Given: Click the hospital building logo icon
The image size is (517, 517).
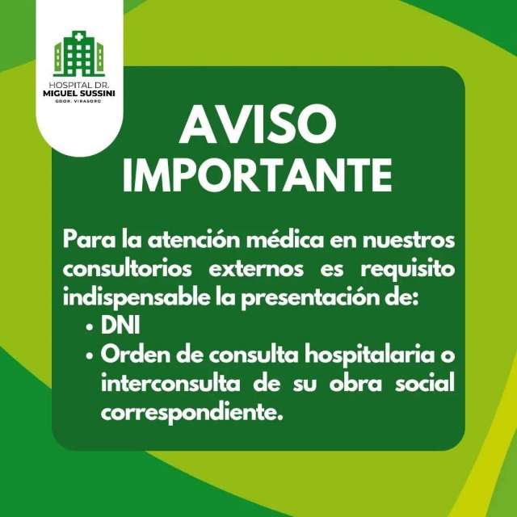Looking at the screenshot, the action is [79, 54].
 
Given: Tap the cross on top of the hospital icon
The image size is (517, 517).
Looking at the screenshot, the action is [78, 37].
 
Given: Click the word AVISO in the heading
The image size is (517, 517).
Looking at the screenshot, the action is [258, 124].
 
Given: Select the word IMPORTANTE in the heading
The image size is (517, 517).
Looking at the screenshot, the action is [258, 174].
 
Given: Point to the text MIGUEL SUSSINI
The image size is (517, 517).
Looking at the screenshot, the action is [79, 94].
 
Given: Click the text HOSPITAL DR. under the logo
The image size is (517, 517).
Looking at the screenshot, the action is [79, 86].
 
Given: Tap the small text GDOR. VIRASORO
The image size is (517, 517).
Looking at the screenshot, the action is [79, 101].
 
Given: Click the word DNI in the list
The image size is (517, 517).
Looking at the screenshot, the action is [120, 326].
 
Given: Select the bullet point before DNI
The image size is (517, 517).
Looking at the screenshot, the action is [89, 328].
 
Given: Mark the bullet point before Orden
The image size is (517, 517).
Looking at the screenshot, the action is [89, 356].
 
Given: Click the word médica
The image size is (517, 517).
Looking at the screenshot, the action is [285, 240].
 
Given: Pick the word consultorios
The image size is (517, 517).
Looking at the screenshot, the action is [128, 269].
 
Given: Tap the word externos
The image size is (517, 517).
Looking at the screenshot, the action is [256, 269].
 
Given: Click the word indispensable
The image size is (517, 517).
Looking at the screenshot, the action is [137, 298].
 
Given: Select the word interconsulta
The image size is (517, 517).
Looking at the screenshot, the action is [170, 384].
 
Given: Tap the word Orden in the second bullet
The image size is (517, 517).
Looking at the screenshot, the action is [135, 355].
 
